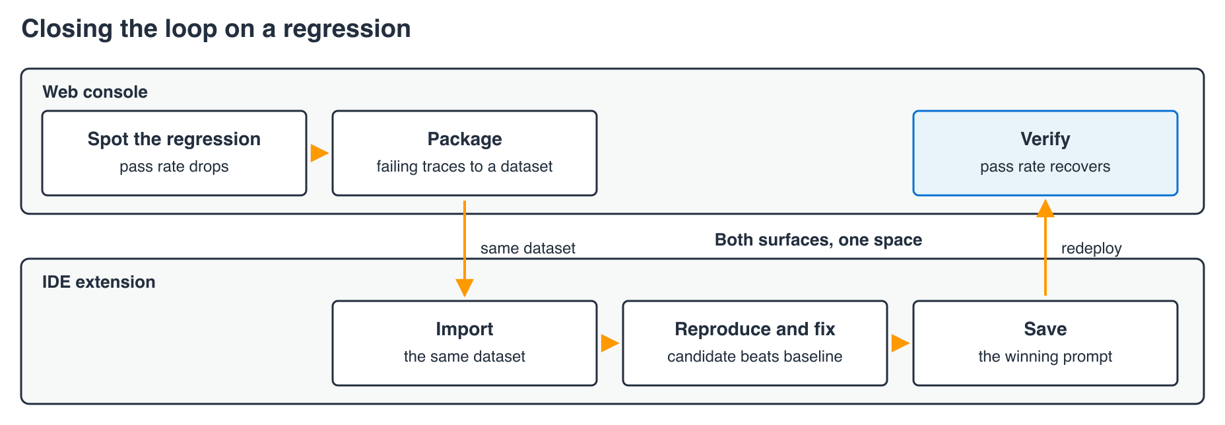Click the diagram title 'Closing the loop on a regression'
[x=216, y=29]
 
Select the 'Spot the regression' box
[x=174, y=153]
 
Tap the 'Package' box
[x=465, y=153]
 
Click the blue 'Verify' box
[x=1045, y=153]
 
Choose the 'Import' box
[x=465, y=343]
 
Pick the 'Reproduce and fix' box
[x=755, y=343]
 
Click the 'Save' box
[x=1045, y=343]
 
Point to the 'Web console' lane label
[x=95, y=92]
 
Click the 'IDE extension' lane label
[x=99, y=282]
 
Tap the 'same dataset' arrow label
[x=528, y=248]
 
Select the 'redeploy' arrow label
[x=1092, y=248]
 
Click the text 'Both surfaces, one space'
[x=818, y=240]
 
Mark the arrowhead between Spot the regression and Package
[x=319, y=153]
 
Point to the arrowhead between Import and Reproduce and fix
[x=610, y=343]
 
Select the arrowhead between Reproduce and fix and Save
[x=900, y=343]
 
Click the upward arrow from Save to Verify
[x=1045, y=247]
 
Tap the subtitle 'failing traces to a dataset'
[x=465, y=166]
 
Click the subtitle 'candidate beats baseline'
[x=755, y=356]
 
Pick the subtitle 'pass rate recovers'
[x=1045, y=166]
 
